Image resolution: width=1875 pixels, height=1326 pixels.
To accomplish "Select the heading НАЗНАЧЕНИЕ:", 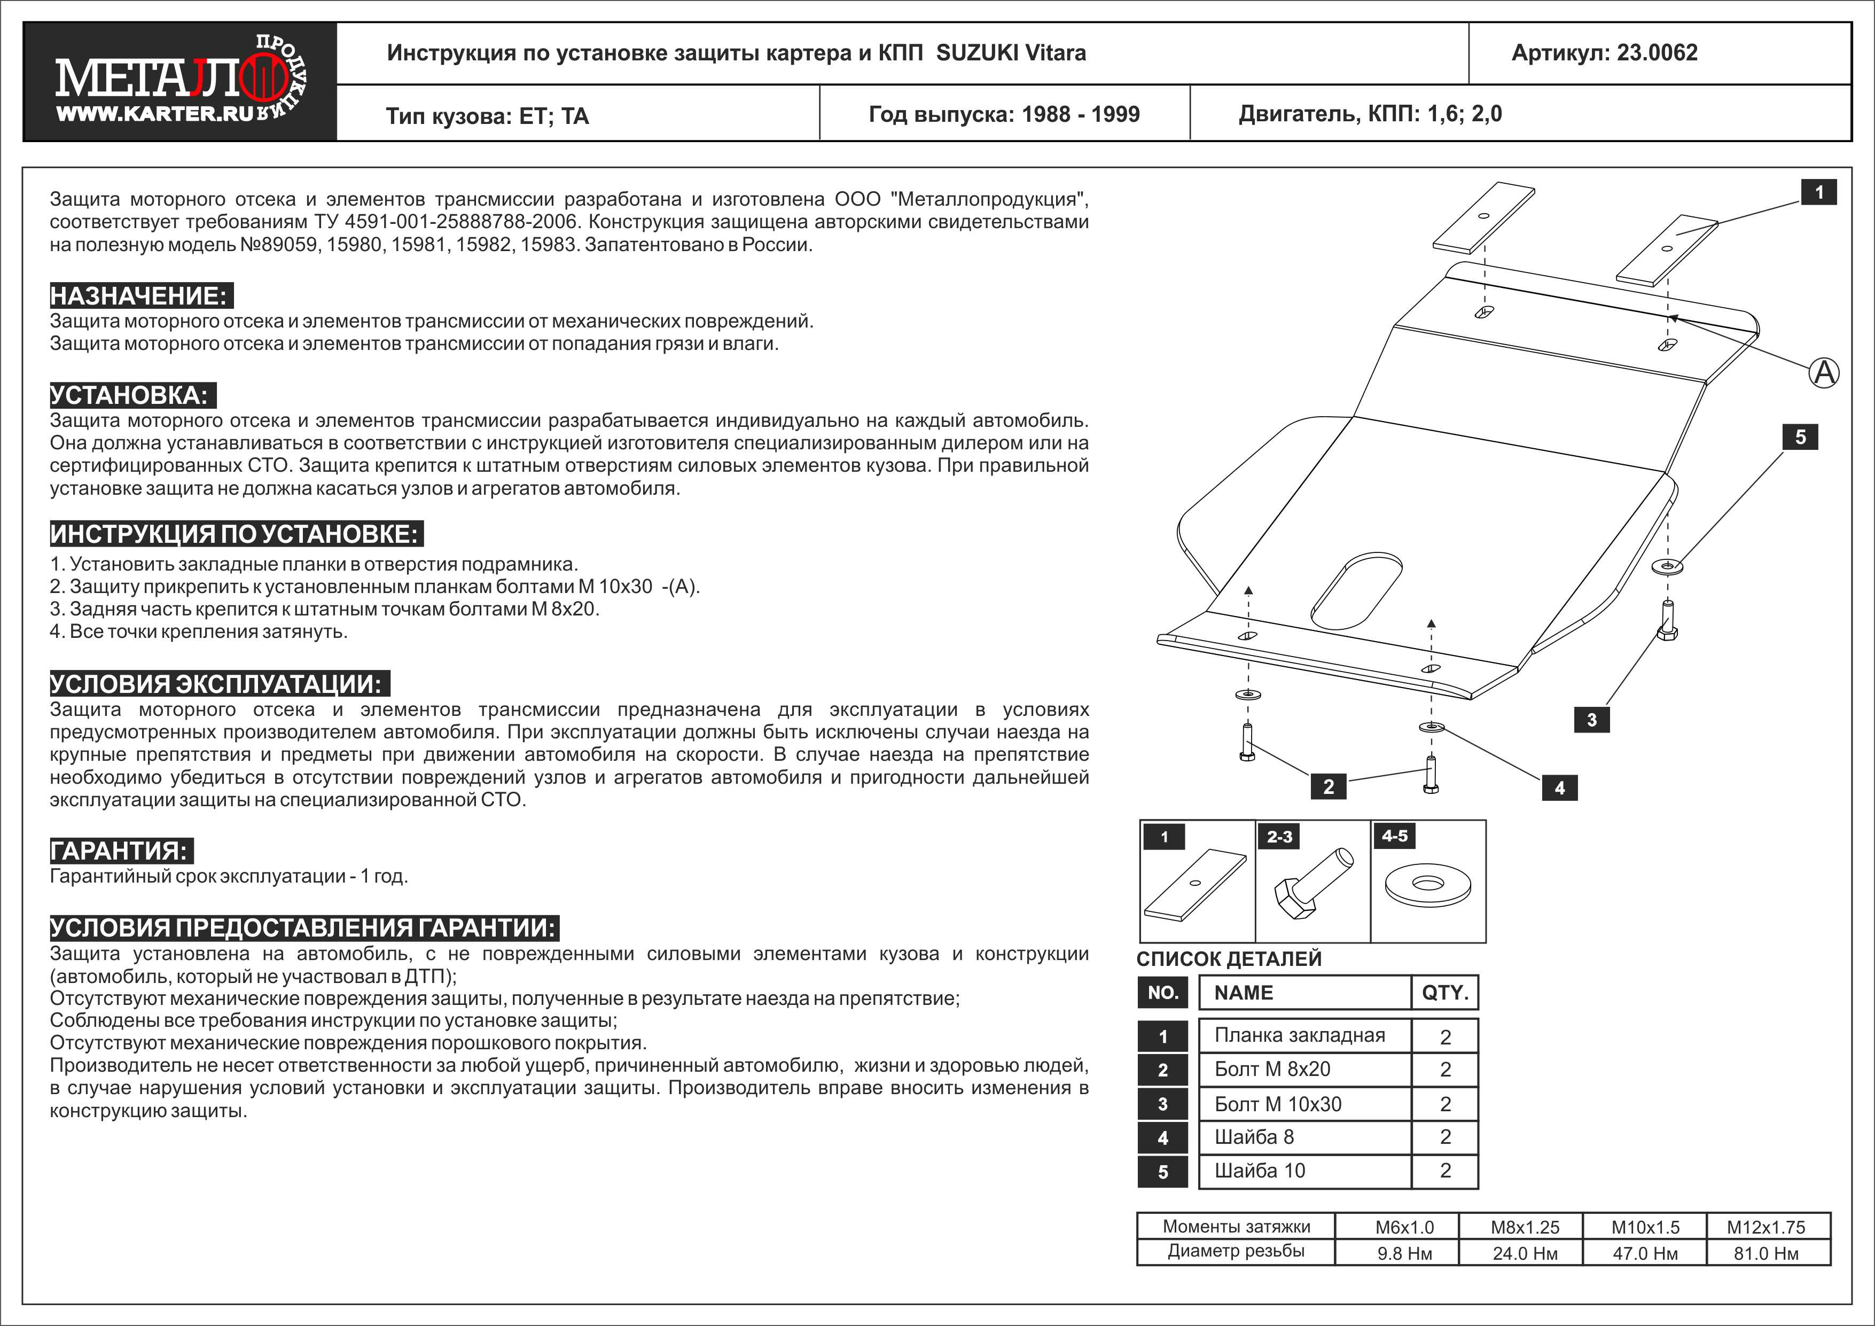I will tap(139, 295).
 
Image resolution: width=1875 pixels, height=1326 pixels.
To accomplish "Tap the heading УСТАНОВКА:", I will tap(131, 395).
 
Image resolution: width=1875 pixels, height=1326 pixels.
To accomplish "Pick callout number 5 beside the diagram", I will tap(1800, 437).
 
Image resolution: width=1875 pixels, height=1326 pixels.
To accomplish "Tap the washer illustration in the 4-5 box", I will tap(1427, 884).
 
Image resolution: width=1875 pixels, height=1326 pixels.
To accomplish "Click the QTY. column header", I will tap(1444, 993).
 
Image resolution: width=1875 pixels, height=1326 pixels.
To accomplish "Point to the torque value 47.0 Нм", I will tap(1645, 1253).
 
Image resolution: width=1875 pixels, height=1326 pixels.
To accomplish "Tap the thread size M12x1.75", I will tap(1765, 1227).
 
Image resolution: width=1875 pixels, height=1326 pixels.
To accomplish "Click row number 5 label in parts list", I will tap(1163, 1172).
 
